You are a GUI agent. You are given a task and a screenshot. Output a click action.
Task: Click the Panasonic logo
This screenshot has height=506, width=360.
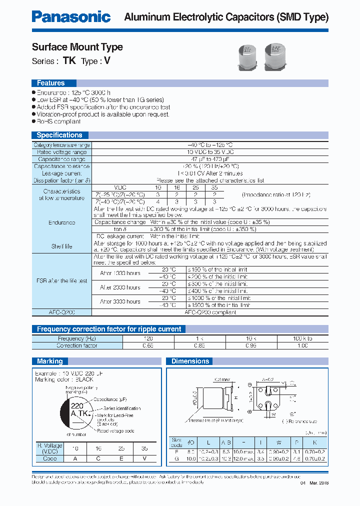point(71,16)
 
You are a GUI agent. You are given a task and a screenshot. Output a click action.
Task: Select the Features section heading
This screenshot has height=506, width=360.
point(51,83)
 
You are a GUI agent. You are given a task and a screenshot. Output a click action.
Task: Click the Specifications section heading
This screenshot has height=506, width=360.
point(59,135)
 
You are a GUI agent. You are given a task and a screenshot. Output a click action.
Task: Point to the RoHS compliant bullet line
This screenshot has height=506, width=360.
point(58,121)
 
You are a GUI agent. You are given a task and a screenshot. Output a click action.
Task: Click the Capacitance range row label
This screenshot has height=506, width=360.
point(62,159)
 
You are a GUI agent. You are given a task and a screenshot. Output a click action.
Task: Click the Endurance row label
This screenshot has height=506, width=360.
point(62,222)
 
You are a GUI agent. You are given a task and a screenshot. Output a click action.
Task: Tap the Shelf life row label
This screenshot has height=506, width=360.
point(62,246)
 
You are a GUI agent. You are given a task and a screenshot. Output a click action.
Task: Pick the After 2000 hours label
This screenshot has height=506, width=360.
point(120,287)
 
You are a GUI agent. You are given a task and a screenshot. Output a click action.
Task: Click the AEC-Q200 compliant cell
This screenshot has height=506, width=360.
point(210,312)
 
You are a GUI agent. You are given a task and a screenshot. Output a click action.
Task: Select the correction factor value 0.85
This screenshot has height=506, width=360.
point(200,345)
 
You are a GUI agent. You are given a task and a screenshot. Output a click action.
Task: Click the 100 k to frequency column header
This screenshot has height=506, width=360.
point(302,338)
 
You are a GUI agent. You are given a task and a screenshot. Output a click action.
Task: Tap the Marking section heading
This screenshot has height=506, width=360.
point(50,361)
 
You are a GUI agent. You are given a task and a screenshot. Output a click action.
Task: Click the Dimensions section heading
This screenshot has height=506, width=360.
point(190,361)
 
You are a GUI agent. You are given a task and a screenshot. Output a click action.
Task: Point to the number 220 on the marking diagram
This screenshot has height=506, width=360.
point(77,406)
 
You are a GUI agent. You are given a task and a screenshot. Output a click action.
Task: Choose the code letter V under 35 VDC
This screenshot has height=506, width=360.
point(144,458)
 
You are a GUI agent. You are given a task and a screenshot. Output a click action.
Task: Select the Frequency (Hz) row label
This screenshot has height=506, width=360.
point(77,338)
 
